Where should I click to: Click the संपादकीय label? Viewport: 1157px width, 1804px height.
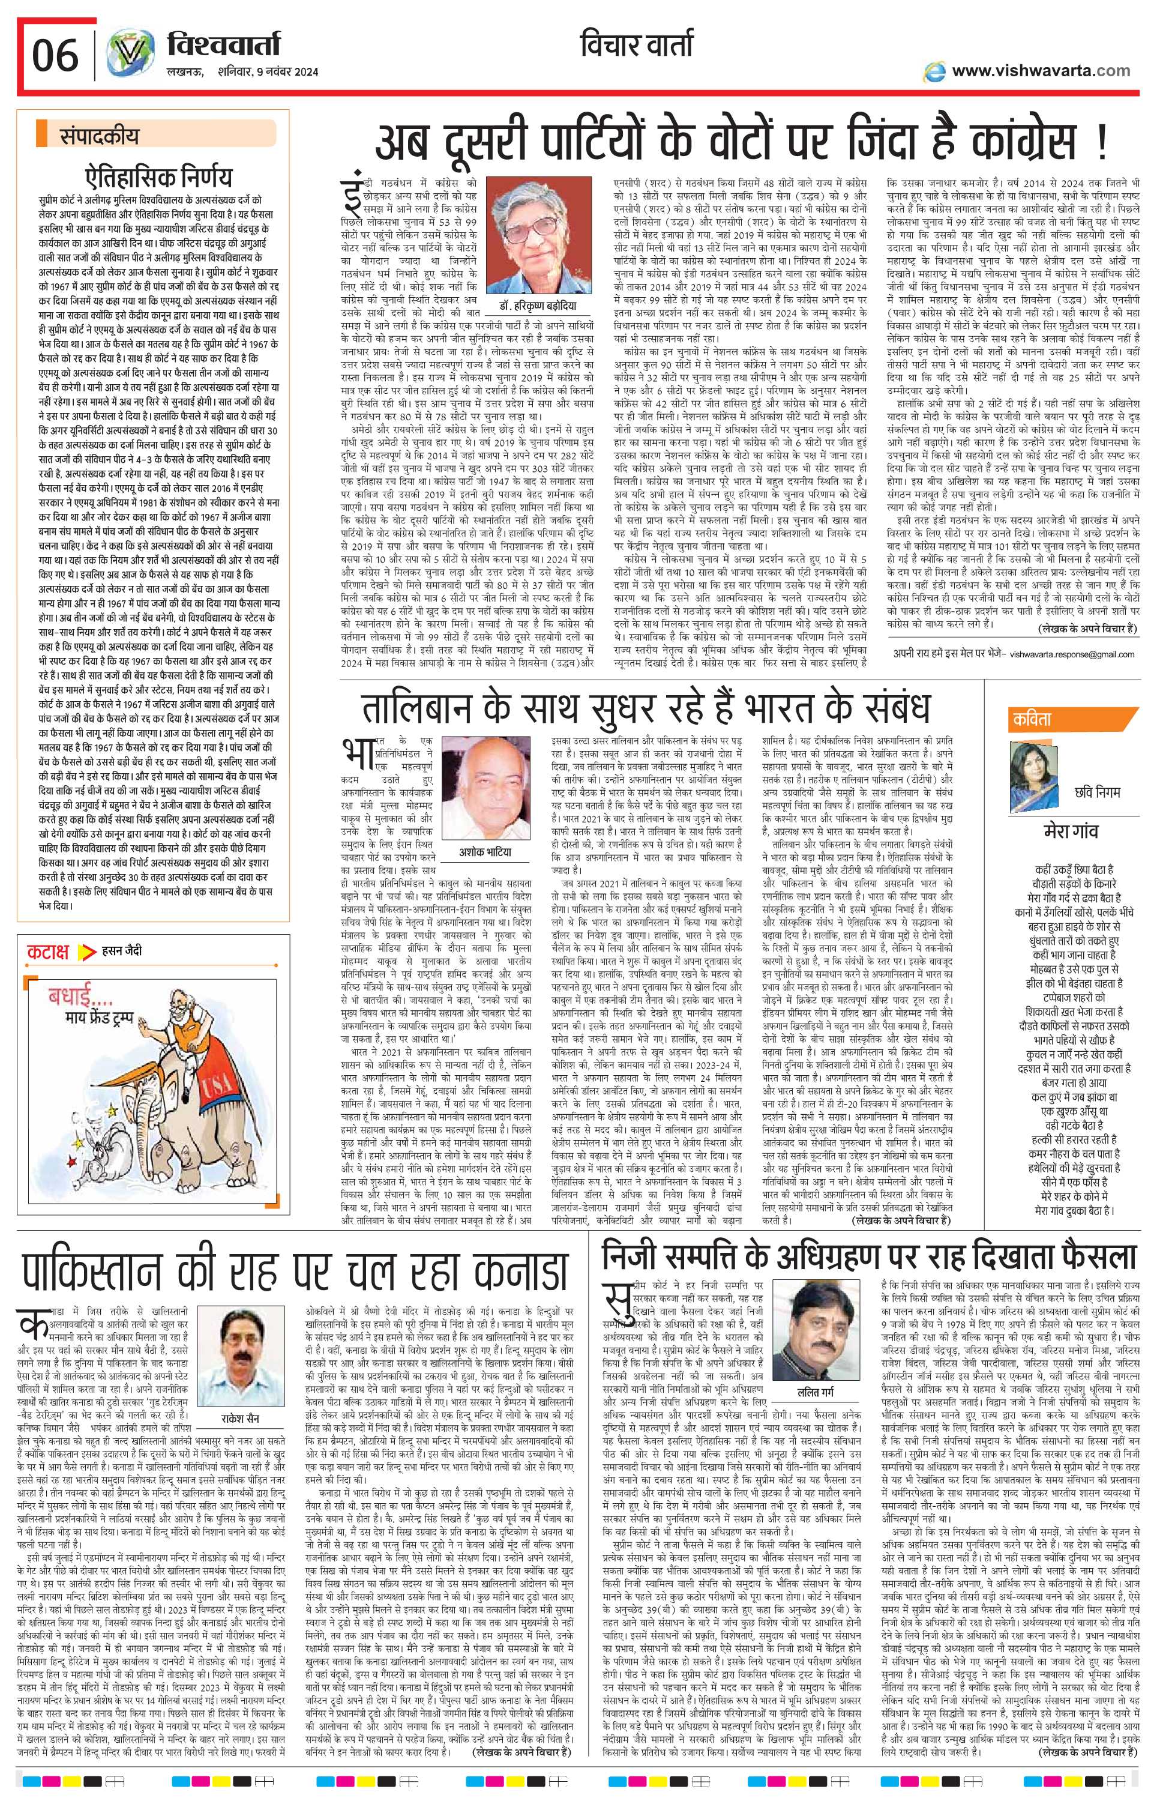point(98,138)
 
